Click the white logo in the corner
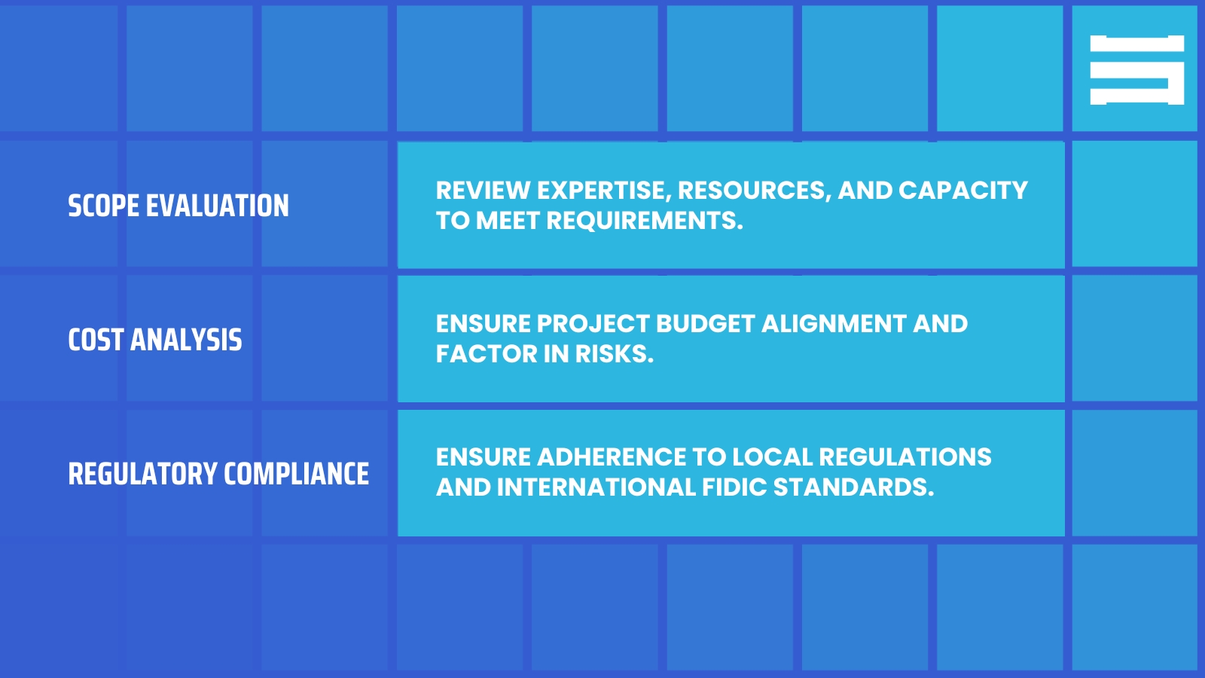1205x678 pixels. click(x=1136, y=70)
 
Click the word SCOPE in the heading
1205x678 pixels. click(x=103, y=206)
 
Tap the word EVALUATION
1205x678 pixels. click(x=218, y=206)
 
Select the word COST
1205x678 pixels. click(x=96, y=340)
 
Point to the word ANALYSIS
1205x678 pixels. click(x=186, y=340)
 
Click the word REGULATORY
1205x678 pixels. click(x=142, y=474)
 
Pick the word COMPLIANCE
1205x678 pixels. click(x=297, y=474)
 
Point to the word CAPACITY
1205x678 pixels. click(x=963, y=191)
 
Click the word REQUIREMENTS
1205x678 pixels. click(x=645, y=221)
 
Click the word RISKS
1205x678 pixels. click(x=614, y=354)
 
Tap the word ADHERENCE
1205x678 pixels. click(x=612, y=457)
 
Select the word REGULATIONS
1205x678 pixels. click(x=905, y=457)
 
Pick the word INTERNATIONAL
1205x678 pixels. click(x=596, y=487)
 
